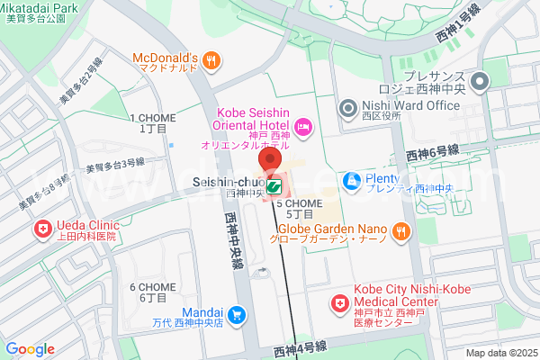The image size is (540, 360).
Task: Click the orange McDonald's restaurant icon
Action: (211, 60)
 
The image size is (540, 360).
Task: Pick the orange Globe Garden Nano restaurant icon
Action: (401, 231)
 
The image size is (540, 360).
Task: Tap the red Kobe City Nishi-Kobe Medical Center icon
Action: (339, 304)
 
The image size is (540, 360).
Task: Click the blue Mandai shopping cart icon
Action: (236, 313)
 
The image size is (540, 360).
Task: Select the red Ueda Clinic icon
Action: (41, 230)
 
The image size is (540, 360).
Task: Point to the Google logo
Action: (30, 349)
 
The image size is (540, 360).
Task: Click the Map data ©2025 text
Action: (499, 353)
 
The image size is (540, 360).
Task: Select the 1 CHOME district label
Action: (148, 123)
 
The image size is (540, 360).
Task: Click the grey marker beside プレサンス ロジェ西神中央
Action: (481, 82)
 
